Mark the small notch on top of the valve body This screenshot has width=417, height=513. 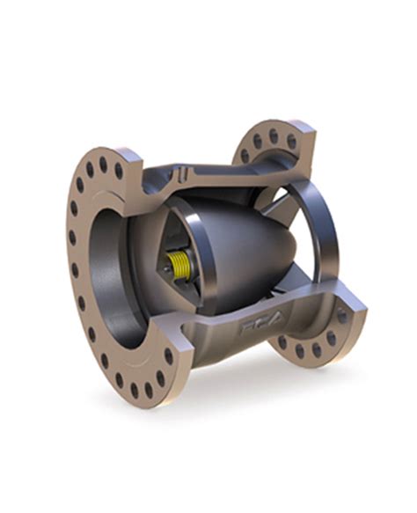pyautogui.click(x=181, y=169)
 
